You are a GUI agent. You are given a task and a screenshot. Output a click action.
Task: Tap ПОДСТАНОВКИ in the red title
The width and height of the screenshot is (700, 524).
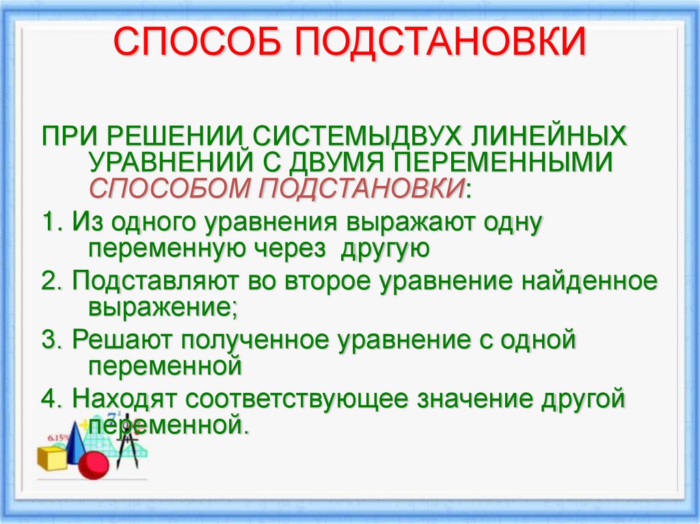440,43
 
